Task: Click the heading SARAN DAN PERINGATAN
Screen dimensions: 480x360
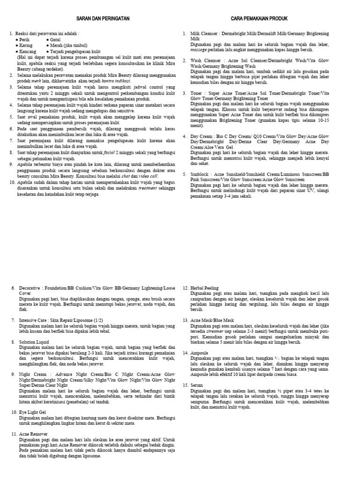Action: click(103, 18)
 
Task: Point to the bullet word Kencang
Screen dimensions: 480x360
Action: click(28, 51)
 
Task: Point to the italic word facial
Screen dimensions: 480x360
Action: click(111, 152)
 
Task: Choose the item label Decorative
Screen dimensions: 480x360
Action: click(31, 288)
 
